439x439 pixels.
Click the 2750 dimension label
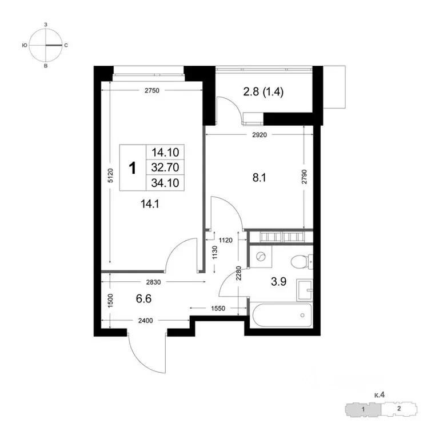(152, 91)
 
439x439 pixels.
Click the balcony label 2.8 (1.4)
(264, 90)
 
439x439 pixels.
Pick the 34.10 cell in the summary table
(163, 183)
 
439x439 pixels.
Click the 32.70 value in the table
(163, 167)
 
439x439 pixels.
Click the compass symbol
(46, 45)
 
